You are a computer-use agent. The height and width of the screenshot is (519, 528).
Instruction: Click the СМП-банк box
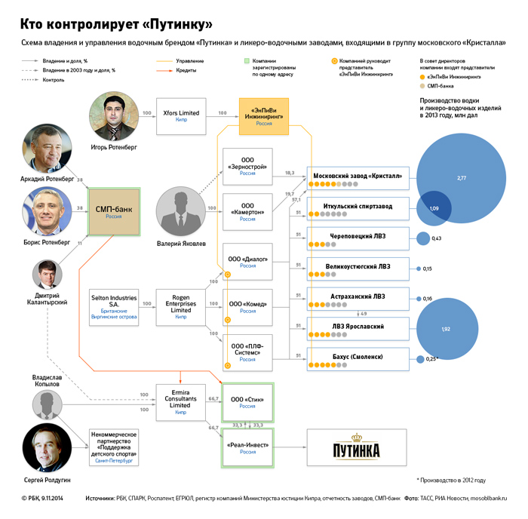[113, 211]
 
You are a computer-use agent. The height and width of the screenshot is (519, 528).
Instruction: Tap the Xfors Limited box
[181, 115]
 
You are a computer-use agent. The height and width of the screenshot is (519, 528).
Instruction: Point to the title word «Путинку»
[168, 14]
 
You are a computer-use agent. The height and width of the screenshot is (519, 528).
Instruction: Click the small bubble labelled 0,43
[422, 238]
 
